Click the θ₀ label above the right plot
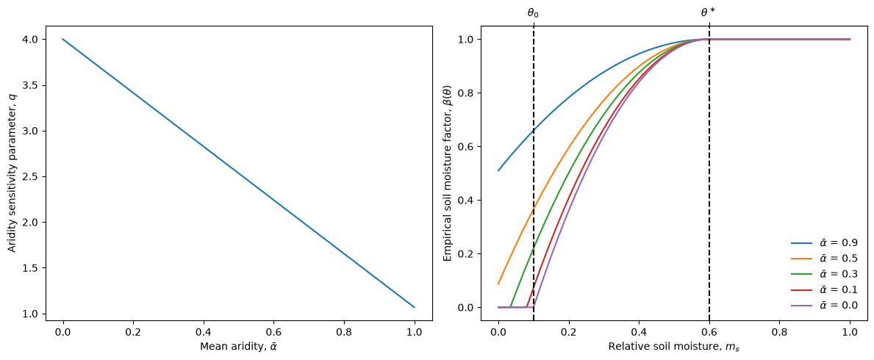[534, 12]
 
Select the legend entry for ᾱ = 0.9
[824, 242]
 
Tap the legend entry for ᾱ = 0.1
[824, 289]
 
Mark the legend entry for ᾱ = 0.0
[824, 305]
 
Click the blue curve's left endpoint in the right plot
[498, 170]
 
